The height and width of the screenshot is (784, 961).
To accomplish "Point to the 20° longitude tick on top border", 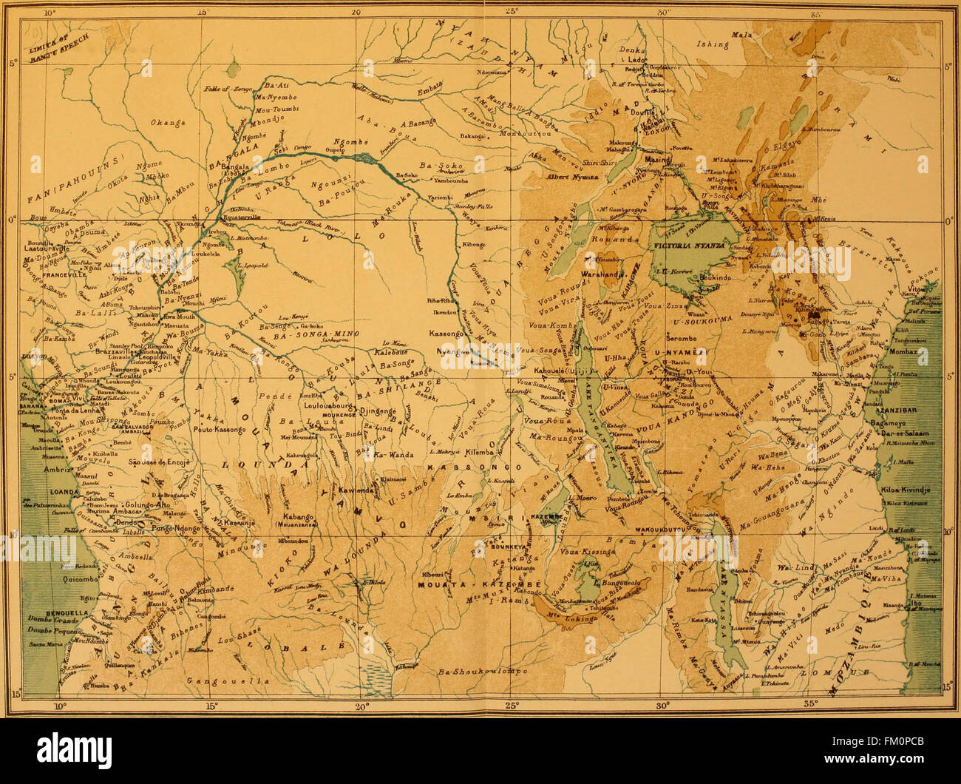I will (356, 13).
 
